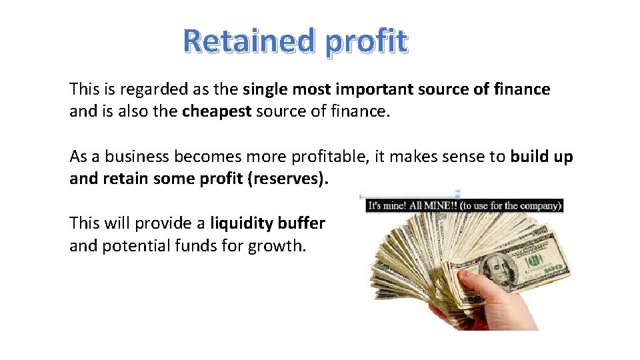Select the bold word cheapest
[217, 111]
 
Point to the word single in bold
[266, 89]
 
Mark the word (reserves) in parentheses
[288, 179]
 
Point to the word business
[139, 157]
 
